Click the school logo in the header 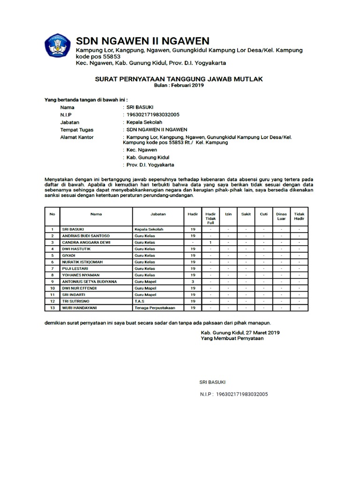[x=58, y=46]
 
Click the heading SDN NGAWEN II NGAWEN [x=142, y=40]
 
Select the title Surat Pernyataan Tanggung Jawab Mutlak [x=180, y=79]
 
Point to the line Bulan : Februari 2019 [x=180, y=86]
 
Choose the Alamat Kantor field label [x=77, y=137]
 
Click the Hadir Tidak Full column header [x=210, y=218]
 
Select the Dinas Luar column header [x=281, y=216]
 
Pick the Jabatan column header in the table [x=158, y=214]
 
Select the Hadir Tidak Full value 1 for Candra [x=210, y=242]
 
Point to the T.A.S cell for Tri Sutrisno [x=139, y=301]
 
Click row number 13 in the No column [x=53, y=307]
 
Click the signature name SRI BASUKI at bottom [x=212, y=382]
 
